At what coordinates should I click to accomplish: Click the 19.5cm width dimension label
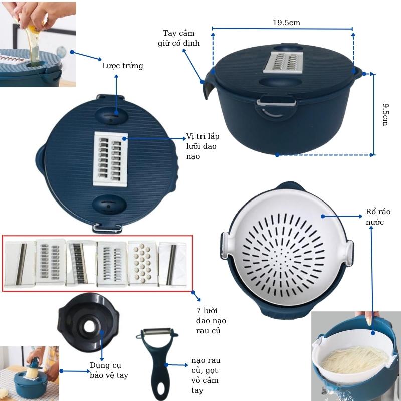point(286,23)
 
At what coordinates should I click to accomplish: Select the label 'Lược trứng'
point(122,66)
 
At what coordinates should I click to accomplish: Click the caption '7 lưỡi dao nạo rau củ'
point(208,321)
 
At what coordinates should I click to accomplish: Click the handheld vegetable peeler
point(158,361)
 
